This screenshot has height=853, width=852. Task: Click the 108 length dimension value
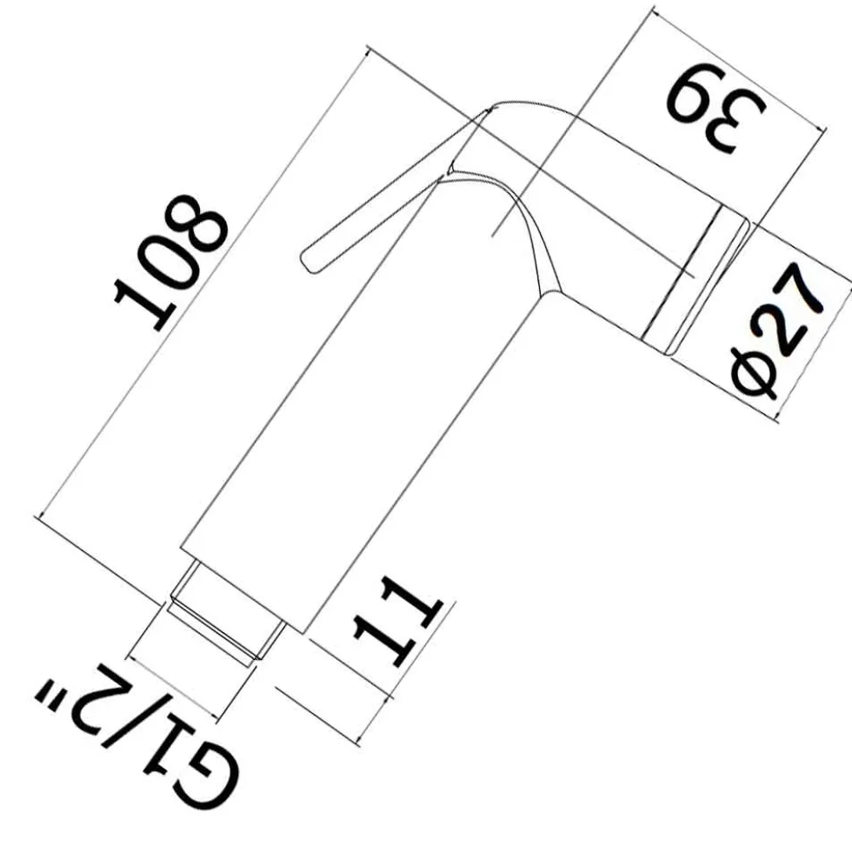coord(171,262)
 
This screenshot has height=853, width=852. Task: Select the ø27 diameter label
coord(780,330)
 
